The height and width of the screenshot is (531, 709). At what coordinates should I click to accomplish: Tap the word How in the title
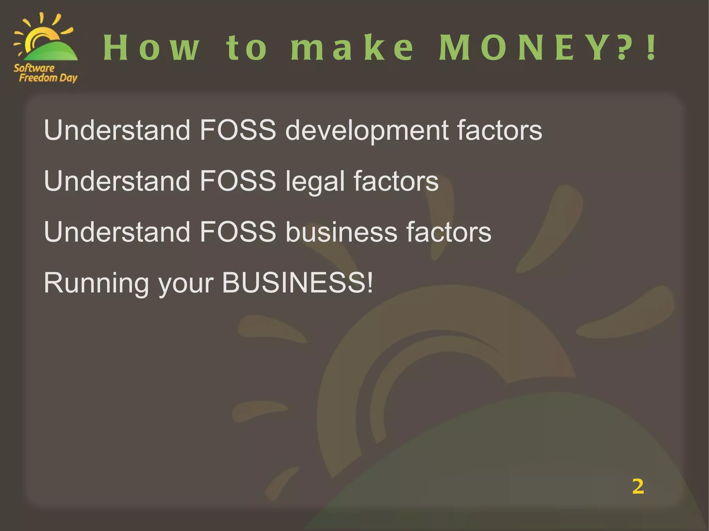pos(152,48)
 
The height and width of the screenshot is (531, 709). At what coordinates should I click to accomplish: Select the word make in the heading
pos(352,48)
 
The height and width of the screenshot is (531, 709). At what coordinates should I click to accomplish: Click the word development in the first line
pos(367,131)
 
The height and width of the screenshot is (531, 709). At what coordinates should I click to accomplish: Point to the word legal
pos(315,182)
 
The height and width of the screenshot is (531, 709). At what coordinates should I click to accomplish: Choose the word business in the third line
pos(341,232)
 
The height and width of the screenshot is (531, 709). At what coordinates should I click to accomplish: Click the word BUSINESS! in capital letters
pos(297,283)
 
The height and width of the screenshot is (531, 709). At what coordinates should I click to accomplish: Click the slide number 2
pos(638,486)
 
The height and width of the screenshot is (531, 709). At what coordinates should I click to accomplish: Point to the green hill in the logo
pos(52,52)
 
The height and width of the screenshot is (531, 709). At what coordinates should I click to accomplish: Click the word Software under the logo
pos(34,68)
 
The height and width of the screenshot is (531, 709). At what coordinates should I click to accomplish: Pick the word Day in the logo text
pos(68,78)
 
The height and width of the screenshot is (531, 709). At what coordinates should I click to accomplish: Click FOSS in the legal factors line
pos(238,181)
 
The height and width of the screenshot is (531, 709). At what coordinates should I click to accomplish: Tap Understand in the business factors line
pos(117,232)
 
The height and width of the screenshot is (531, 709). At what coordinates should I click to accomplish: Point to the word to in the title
pos(246,48)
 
